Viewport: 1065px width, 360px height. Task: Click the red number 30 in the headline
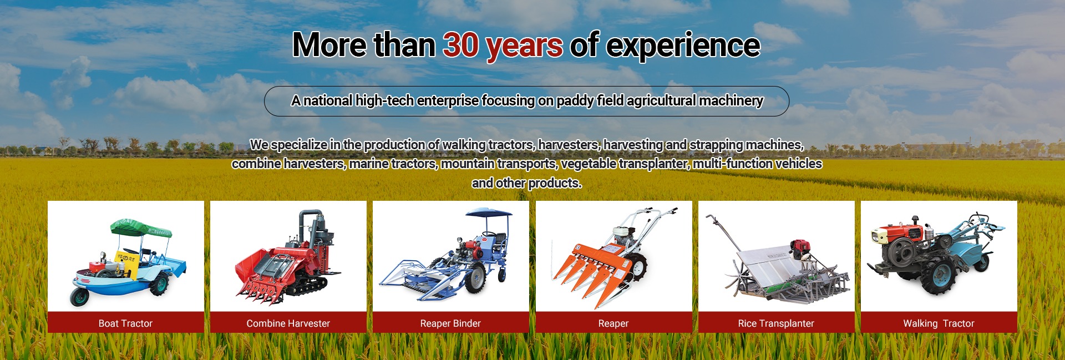click(x=461, y=45)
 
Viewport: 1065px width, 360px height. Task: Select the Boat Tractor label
click(x=125, y=323)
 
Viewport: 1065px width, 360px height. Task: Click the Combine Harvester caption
click(x=288, y=323)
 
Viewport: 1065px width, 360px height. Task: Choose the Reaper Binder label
click(x=450, y=323)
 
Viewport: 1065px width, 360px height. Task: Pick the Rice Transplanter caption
click(x=776, y=323)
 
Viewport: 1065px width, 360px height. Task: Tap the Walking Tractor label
click(x=939, y=323)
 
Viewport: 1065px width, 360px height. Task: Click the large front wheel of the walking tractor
click(x=939, y=276)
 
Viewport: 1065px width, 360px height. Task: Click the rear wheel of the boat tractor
click(x=159, y=283)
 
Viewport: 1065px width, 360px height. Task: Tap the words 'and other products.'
click(x=526, y=183)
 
